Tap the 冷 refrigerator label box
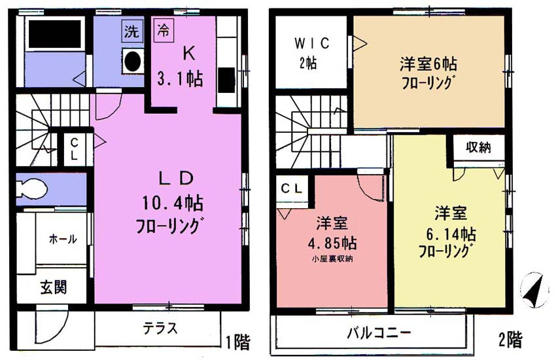164,31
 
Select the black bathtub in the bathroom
55,35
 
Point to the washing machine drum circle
132,61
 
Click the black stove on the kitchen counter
226,80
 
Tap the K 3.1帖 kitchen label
181,67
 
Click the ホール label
63,239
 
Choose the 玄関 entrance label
53,287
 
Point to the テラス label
160,328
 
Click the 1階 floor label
238,342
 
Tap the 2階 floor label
511,340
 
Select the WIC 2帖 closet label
311,53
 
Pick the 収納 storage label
478,147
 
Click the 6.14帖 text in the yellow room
451,234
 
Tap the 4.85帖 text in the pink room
332,243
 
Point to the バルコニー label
379,333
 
